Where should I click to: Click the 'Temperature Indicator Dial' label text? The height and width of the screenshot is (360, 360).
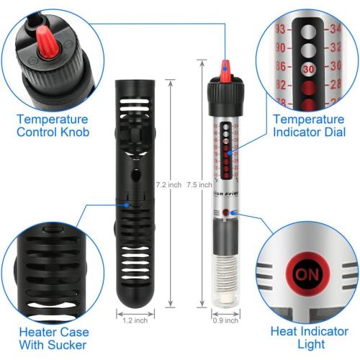pos(307,125)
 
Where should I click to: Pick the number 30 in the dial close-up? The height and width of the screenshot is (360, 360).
pos(309,71)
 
